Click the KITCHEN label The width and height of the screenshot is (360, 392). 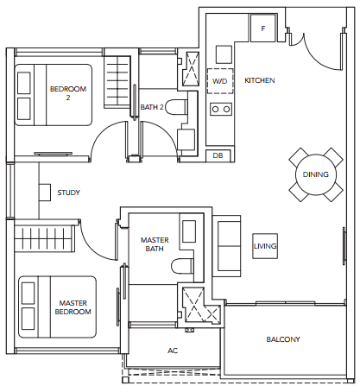point(260,80)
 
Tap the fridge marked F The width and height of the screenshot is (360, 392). point(262,28)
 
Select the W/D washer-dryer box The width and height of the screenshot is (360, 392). point(220,81)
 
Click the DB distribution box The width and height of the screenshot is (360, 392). point(218,155)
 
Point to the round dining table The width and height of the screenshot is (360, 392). point(316,174)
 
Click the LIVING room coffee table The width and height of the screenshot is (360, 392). point(265,246)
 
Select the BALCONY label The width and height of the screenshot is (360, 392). point(283,339)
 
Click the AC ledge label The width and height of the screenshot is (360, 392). point(173,351)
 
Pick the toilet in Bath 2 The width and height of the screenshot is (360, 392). point(176,107)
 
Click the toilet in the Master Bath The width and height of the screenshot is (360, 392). point(182,266)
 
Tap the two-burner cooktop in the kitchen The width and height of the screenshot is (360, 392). point(221,110)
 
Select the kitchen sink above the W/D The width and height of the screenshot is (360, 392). point(224,54)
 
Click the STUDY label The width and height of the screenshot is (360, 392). point(68,193)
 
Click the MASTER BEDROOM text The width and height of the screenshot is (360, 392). point(73,307)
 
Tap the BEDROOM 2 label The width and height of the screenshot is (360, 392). point(68,93)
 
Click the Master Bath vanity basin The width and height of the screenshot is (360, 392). point(189,231)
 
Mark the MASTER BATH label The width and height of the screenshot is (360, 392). point(155,244)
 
